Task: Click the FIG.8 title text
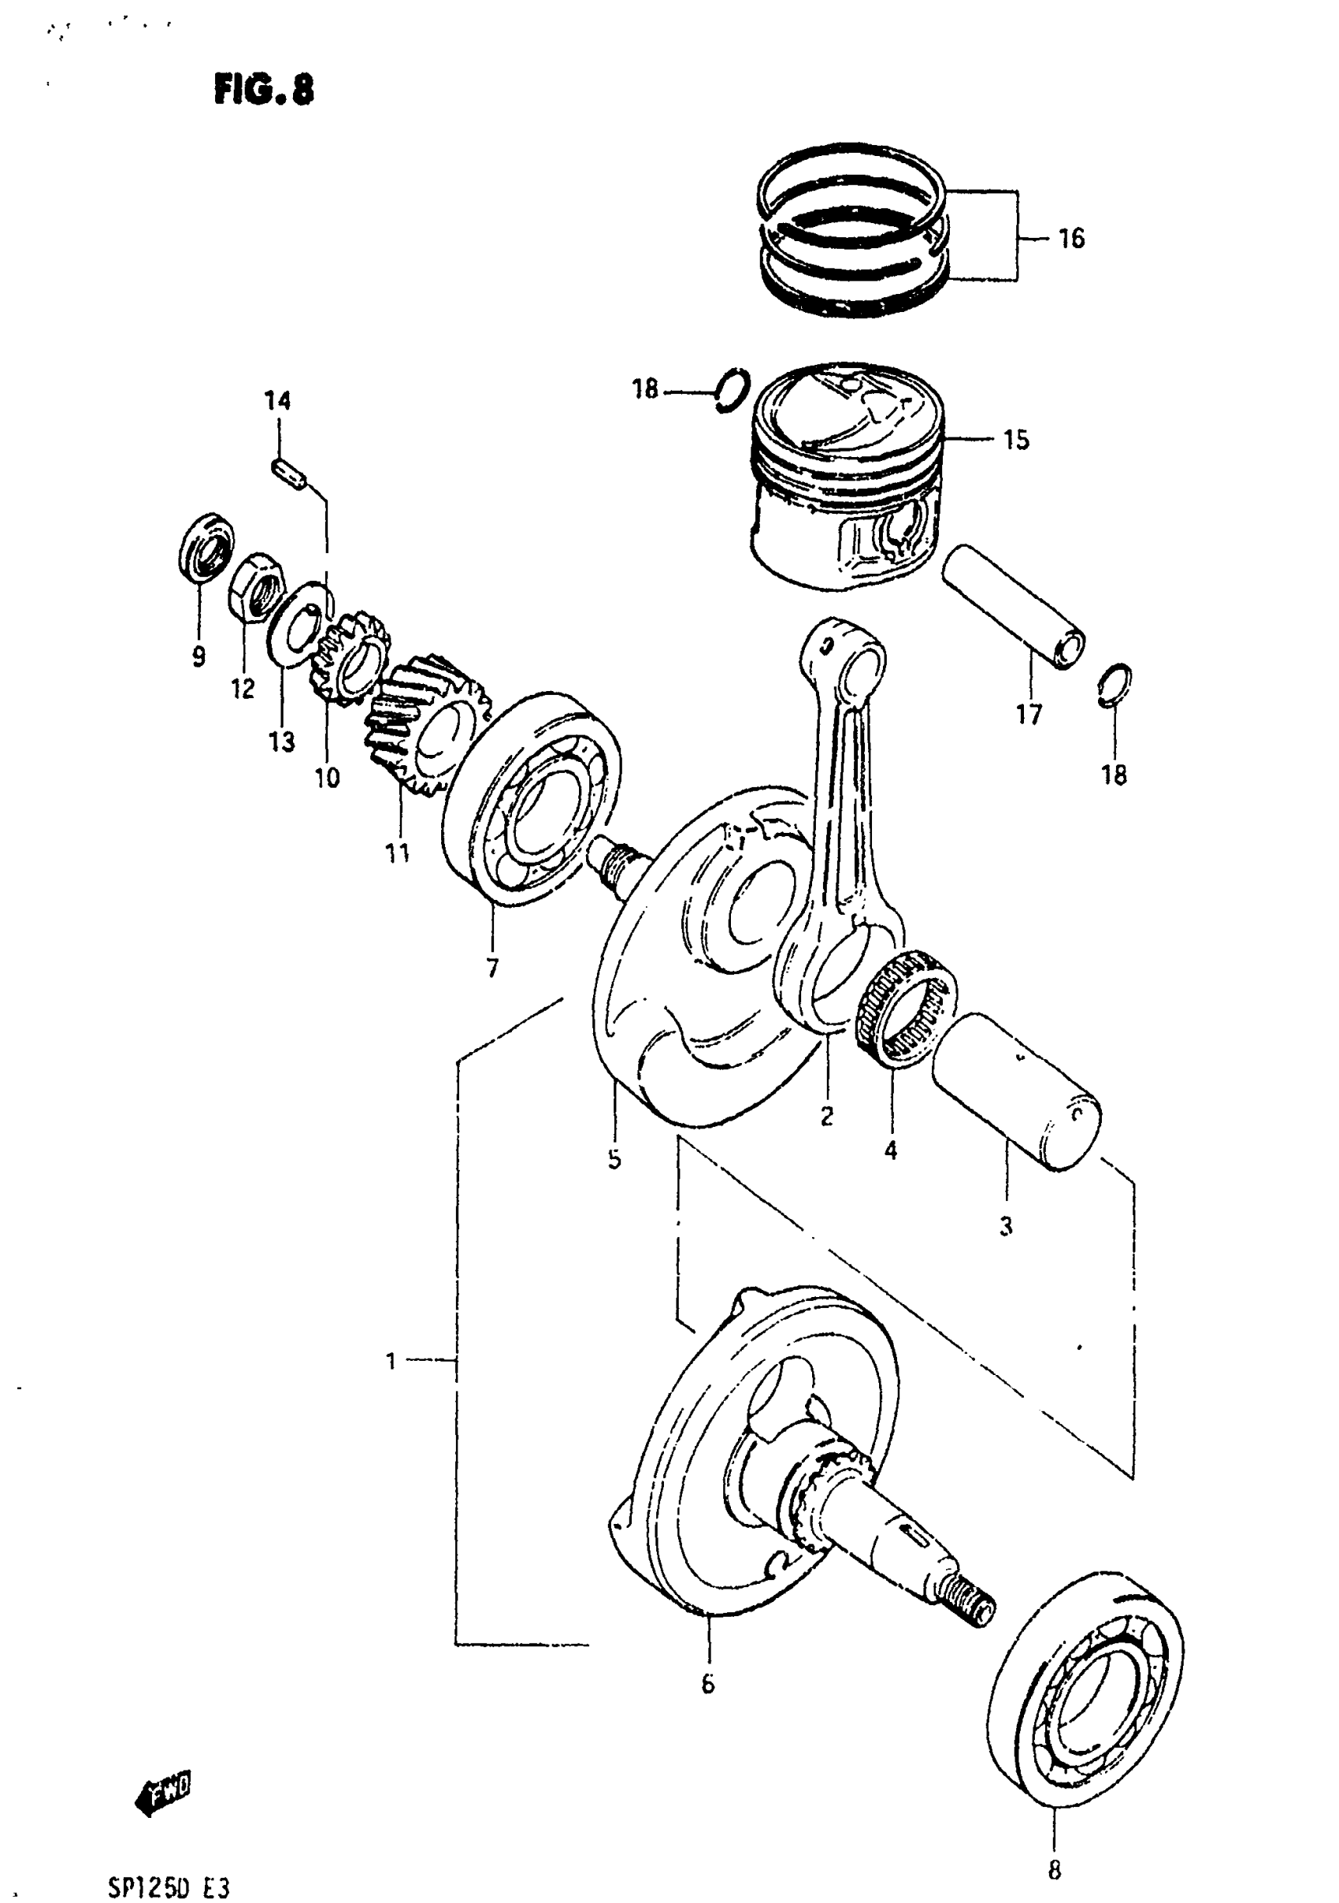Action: click(264, 90)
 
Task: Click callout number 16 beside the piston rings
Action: click(1070, 239)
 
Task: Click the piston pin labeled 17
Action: click(1015, 607)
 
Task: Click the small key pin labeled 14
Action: click(290, 474)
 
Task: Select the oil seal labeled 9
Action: click(206, 545)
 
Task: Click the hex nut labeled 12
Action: click(258, 582)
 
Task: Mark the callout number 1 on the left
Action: click(391, 1361)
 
